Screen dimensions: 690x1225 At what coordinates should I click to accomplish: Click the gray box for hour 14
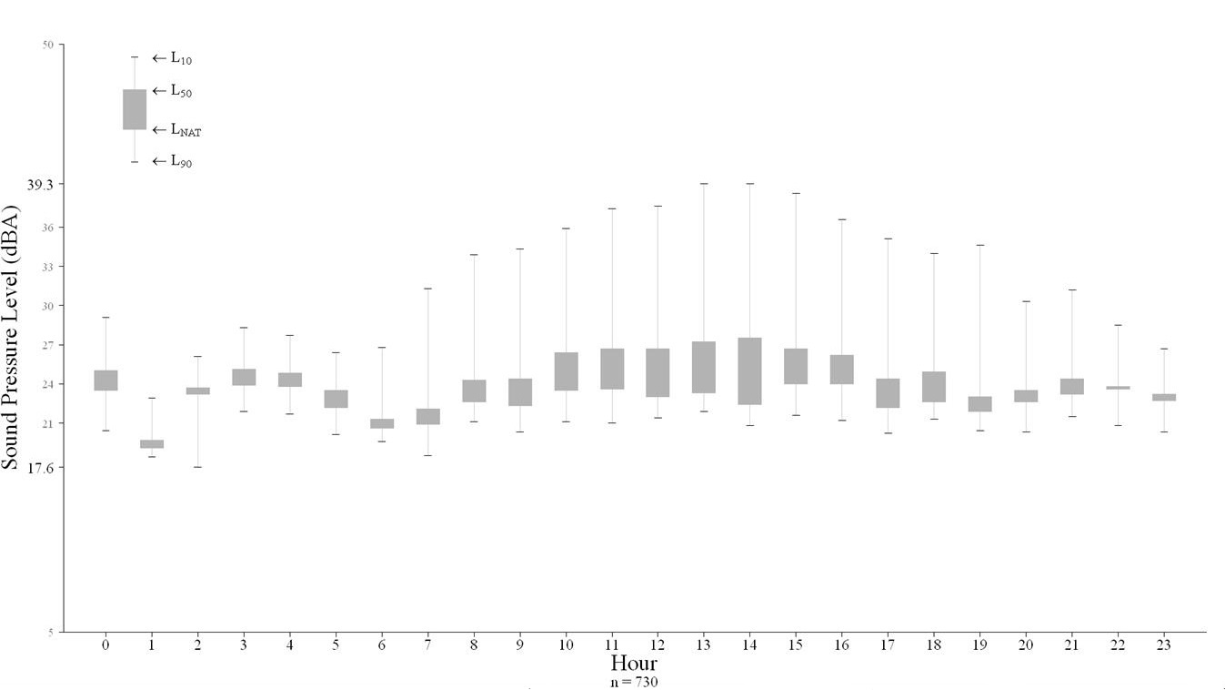tap(749, 370)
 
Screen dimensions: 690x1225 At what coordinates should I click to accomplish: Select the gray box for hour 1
tap(152, 444)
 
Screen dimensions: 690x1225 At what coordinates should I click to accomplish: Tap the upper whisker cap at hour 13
tap(703, 184)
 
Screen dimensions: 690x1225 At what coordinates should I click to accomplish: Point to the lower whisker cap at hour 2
tap(197, 467)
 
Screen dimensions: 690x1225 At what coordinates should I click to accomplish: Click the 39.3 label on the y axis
tap(40, 184)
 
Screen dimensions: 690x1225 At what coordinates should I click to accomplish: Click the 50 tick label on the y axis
tap(48, 45)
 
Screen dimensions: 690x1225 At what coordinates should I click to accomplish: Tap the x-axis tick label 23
tap(1163, 644)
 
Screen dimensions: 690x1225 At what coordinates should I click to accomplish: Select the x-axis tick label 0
tap(105, 644)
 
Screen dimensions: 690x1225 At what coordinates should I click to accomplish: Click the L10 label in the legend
tap(181, 58)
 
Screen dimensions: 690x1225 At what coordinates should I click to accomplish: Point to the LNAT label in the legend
tap(186, 131)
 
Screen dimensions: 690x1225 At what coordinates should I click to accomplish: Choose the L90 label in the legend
tap(181, 162)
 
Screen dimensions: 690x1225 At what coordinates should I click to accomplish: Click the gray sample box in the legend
tap(135, 109)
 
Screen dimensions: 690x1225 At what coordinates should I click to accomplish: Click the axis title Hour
tap(634, 662)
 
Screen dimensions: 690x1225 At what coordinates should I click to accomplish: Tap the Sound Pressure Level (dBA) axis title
tap(11, 337)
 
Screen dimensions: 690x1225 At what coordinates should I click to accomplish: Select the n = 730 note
tap(634, 681)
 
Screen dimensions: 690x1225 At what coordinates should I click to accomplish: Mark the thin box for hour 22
tap(1118, 388)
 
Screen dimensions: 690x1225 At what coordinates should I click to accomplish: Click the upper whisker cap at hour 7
tap(427, 289)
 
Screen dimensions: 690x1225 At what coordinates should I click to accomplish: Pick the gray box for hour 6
tap(382, 423)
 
